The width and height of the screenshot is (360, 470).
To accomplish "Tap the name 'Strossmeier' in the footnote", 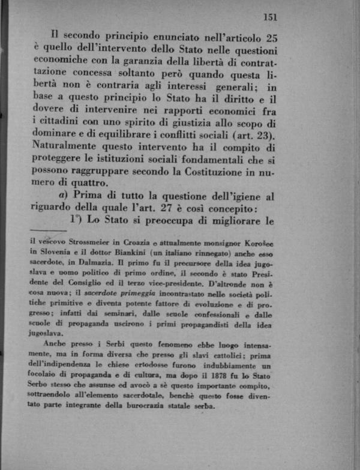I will coord(95,241).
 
